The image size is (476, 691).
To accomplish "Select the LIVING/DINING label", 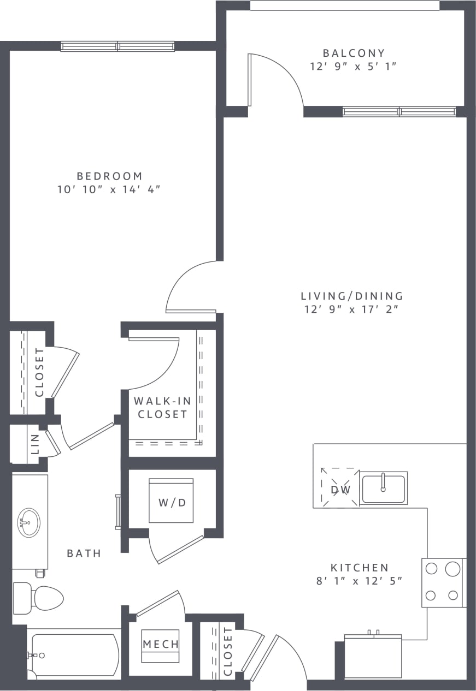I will point(352,296).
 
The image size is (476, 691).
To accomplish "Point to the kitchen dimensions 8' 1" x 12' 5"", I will point(359,581).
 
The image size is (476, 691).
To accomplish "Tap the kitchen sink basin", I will point(384,487).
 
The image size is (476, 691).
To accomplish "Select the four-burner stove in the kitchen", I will point(442,582).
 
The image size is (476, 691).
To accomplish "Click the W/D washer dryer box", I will point(172,501).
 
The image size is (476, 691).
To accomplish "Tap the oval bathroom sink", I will point(28,523).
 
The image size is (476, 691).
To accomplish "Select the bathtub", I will point(74,654).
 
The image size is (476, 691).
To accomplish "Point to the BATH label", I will point(84,553).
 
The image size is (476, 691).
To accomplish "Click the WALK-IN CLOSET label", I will point(162,408).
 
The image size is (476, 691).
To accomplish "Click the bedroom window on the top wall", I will point(117,46).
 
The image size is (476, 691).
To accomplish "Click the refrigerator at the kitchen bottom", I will point(373,656).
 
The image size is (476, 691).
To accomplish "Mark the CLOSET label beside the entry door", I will point(228,651).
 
